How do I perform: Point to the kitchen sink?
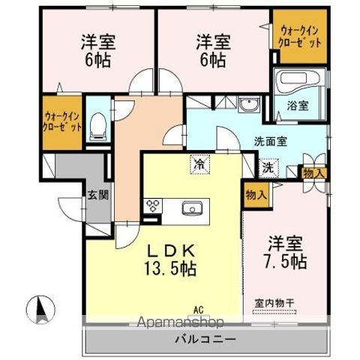pyautogui.click(x=189, y=207)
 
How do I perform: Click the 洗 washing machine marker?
pyautogui.click(x=268, y=169)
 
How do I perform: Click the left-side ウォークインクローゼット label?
pyautogui.click(x=62, y=121)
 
